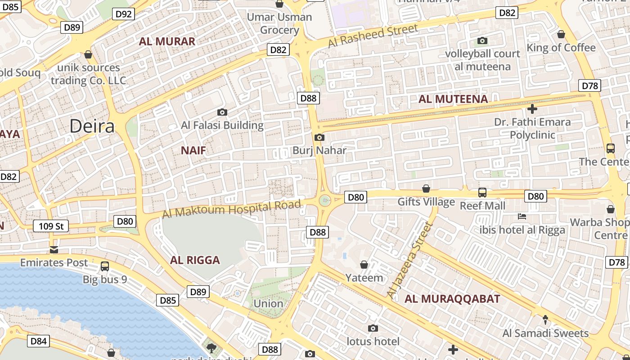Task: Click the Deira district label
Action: [92, 126]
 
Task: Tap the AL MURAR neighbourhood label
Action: [167, 41]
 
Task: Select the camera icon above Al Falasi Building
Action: [222, 112]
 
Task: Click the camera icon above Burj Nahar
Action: [319, 137]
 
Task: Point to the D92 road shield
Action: [124, 14]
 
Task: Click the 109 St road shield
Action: [51, 226]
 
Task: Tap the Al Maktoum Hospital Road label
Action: [231, 209]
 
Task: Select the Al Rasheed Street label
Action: [373, 36]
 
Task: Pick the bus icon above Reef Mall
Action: [482, 193]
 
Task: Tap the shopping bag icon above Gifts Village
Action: [426, 189]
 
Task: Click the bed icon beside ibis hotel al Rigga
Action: [522, 216]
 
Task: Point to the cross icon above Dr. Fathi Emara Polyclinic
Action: [532, 109]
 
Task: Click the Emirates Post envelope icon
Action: [54, 250]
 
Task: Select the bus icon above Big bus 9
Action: [105, 266]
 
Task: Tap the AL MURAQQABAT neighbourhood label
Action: [452, 299]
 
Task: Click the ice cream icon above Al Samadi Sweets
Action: [545, 320]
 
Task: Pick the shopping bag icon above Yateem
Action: [364, 265]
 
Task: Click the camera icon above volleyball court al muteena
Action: [482, 41]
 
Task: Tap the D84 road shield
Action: [38, 341]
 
